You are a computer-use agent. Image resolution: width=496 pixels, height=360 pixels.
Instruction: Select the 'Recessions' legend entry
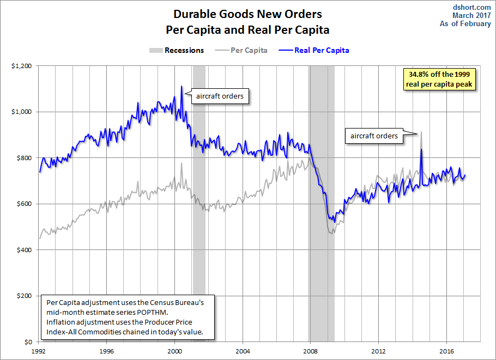tap(177, 50)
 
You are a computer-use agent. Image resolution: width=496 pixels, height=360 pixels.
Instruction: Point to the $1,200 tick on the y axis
tap(25, 65)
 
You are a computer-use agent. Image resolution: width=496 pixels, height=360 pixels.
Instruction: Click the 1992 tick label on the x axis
tap(39, 351)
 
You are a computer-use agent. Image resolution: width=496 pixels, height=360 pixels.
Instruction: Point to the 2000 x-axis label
tap(175, 351)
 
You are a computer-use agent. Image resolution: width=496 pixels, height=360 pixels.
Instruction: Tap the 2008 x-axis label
tap(311, 351)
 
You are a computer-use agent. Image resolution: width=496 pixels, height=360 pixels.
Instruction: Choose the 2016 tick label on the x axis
tap(446, 351)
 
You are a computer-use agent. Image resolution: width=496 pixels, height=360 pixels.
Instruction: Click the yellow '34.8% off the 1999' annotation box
tap(439, 79)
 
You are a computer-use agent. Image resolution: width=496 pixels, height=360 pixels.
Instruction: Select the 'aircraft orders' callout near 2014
tap(374, 136)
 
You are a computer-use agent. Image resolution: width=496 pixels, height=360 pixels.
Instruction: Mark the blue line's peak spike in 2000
tap(182, 86)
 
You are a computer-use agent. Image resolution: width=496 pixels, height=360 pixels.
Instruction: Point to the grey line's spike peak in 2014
tap(421, 132)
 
